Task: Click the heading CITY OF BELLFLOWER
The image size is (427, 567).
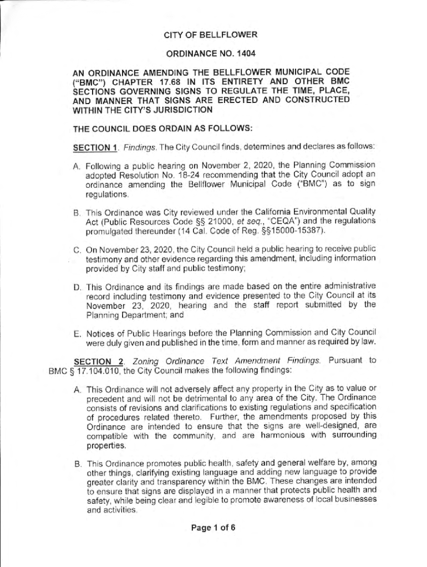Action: pos(210,35)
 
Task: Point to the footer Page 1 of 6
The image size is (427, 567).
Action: pos(213,528)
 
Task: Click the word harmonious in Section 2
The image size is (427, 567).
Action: pos(279,436)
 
